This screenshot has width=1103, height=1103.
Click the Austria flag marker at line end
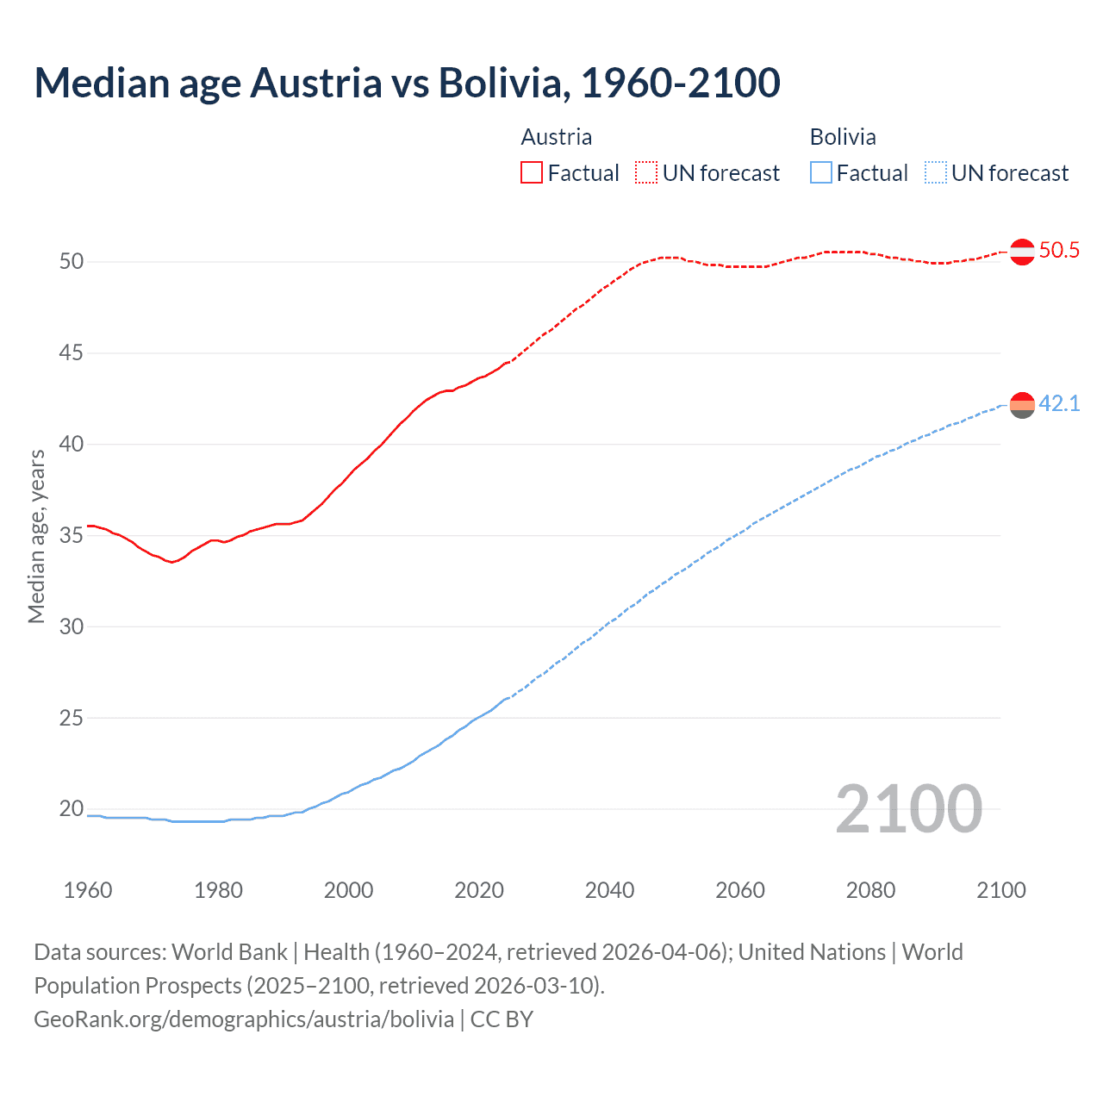point(1022,252)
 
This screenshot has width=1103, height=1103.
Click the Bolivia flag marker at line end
point(1022,405)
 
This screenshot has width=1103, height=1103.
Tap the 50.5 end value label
point(1059,251)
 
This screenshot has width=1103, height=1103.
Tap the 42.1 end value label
point(1059,403)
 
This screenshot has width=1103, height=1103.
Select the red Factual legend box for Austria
point(532,173)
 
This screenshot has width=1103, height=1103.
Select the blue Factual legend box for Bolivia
point(821,173)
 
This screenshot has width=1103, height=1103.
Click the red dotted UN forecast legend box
point(646,173)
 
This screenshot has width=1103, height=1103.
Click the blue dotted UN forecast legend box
point(936,173)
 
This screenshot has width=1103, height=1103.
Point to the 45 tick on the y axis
point(72,353)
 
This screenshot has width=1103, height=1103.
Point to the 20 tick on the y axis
point(72,808)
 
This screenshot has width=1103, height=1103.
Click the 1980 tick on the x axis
point(218,890)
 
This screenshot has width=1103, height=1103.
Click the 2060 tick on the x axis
point(740,890)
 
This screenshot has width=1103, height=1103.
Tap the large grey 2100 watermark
point(909,809)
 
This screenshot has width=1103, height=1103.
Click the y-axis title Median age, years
point(36,536)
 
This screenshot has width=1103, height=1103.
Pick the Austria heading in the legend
point(557,137)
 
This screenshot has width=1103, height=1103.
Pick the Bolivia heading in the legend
point(843,137)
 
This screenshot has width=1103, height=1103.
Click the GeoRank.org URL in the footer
point(244,1019)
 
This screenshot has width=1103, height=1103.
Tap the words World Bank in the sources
point(229,952)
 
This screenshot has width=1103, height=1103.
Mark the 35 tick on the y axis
point(72,536)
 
